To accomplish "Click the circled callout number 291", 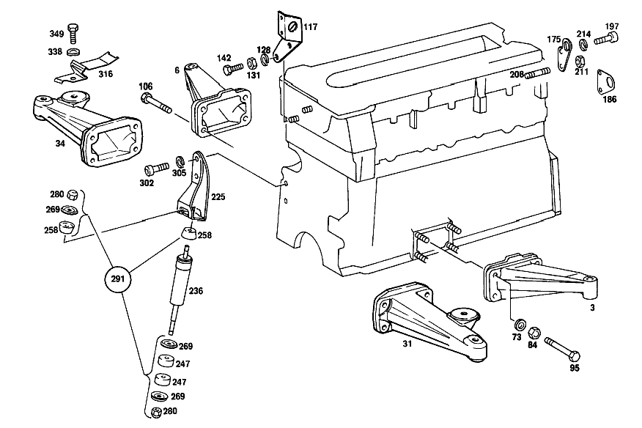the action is [117, 279].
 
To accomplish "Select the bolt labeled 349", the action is [74, 34].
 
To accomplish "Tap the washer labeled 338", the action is [73, 51].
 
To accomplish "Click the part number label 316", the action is [106, 74].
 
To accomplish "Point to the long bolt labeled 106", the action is [156, 103].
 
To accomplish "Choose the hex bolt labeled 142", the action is [232, 68].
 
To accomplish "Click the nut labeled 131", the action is [251, 64].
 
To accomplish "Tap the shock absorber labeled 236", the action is [180, 289].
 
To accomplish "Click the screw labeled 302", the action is [156, 169].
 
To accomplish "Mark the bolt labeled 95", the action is [562, 349].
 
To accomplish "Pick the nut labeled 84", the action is [534, 332].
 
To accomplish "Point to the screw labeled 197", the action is [606, 40].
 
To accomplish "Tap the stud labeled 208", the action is [537, 74].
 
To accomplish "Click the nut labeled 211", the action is [580, 62].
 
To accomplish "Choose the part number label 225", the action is [218, 197].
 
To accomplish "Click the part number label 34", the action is [60, 144].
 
